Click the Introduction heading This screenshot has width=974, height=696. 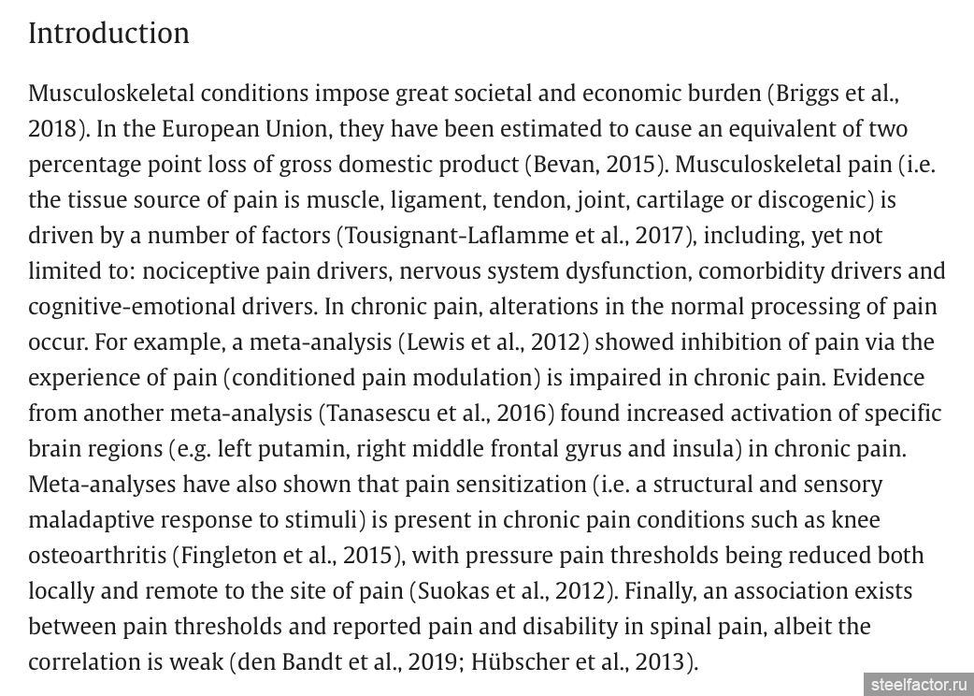[x=108, y=34]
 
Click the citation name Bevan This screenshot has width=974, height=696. [x=565, y=165]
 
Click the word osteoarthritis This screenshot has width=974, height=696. [x=96, y=556]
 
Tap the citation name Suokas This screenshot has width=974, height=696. [x=457, y=591]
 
